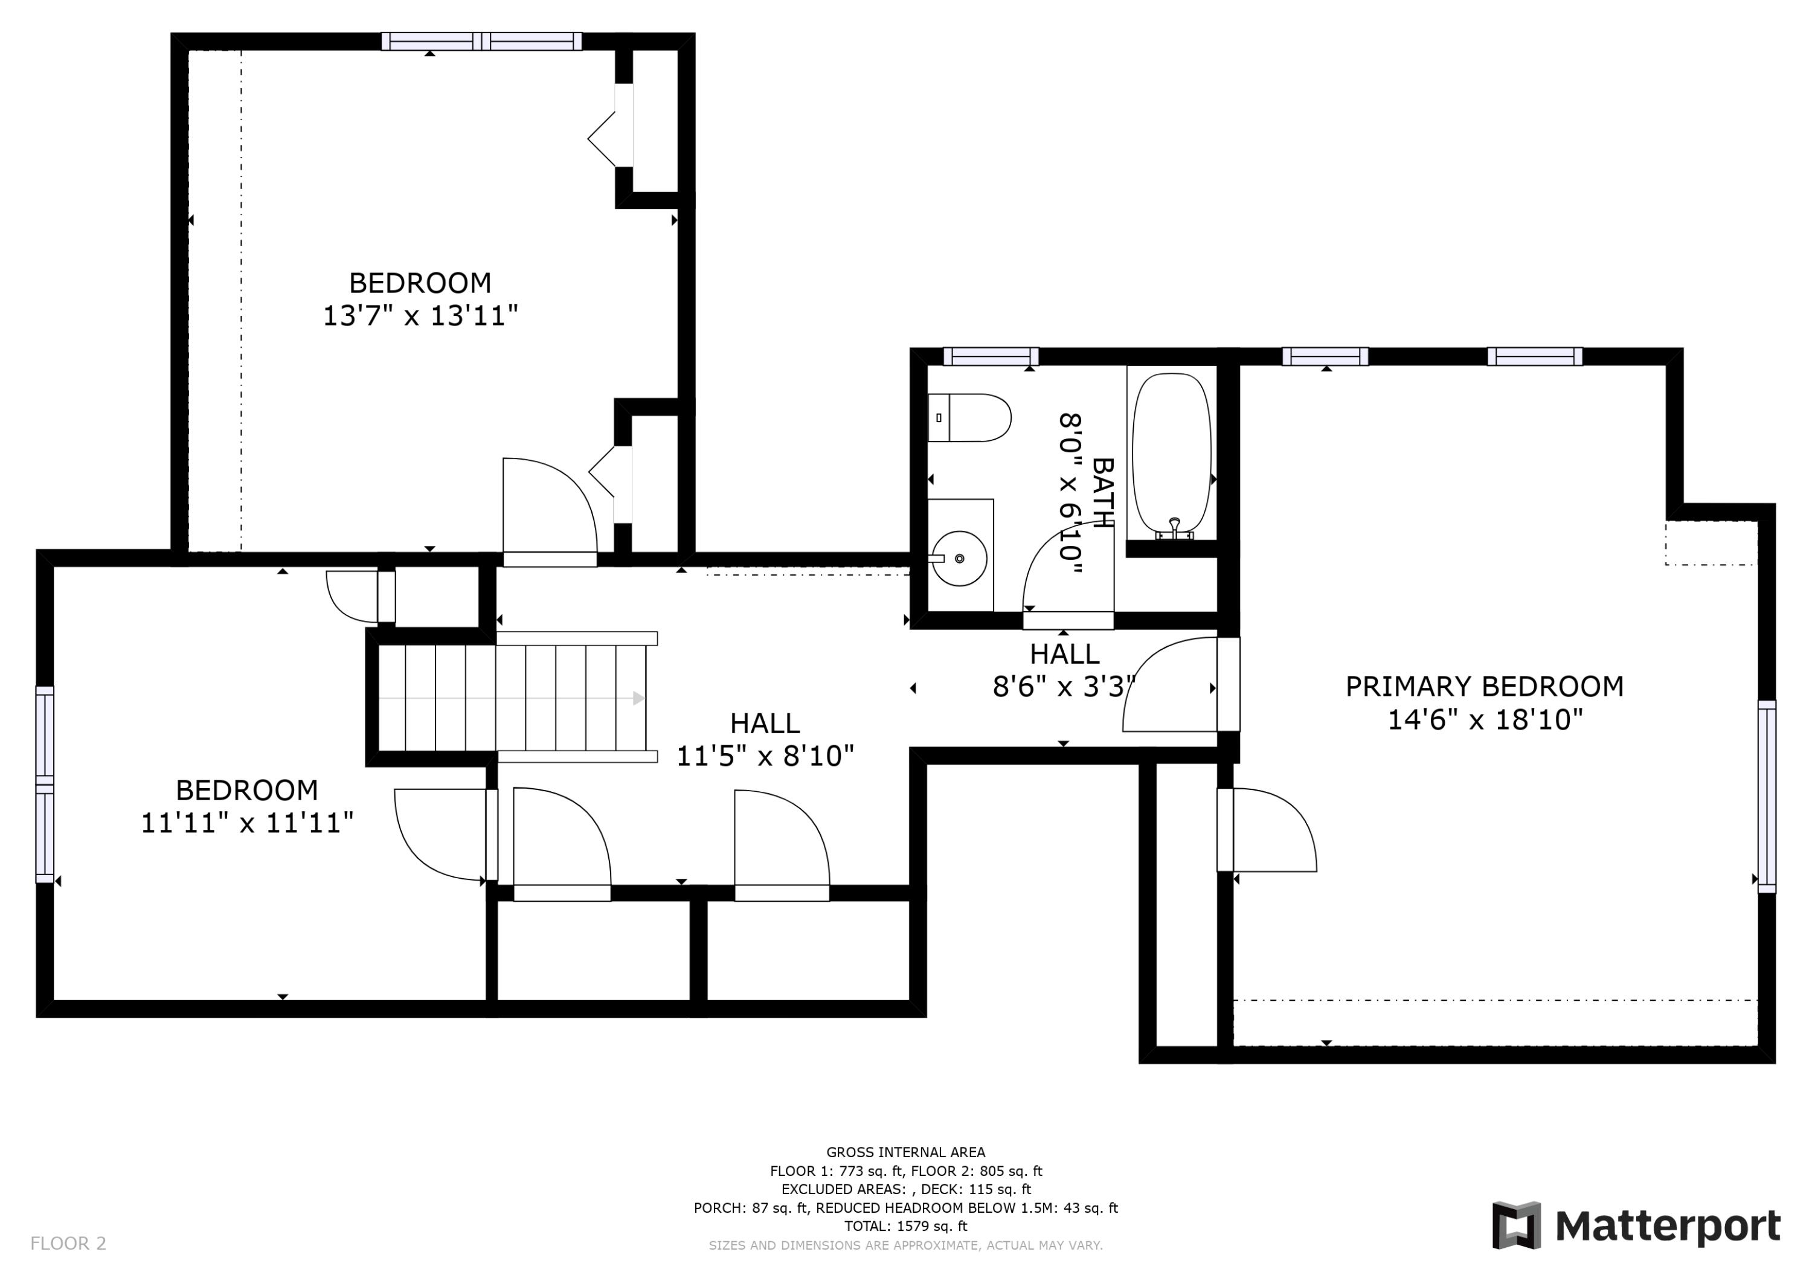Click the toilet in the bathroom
coord(969,417)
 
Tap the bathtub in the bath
coord(1171,455)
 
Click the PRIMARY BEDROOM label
coord(1485,686)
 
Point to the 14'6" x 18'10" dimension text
coord(1485,719)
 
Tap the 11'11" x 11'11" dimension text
coord(246,823)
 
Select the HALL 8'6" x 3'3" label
coord(1064,670)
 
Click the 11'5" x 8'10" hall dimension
coord(765,756)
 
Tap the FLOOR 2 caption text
coord(68,1243)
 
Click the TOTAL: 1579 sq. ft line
coord(905,1226)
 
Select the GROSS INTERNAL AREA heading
coord(905,1152)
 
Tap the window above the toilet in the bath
coord(991,357)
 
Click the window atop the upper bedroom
coord(481,41)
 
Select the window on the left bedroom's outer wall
coord(45,785)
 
